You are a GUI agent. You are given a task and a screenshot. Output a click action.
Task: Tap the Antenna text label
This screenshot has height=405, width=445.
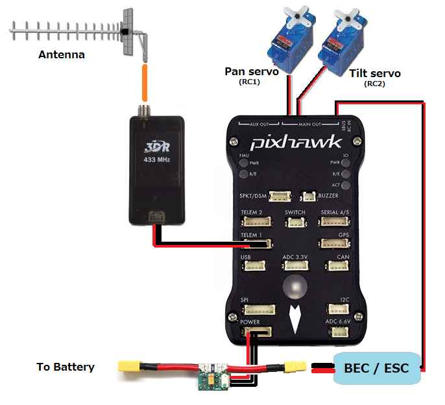click(62, 54)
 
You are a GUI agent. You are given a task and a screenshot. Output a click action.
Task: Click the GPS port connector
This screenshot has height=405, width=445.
click(333, 244)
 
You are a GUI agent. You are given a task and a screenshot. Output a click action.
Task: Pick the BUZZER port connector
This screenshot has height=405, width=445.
click(309, 196)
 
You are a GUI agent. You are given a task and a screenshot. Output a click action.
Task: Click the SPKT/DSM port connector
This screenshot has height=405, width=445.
click(282, 196)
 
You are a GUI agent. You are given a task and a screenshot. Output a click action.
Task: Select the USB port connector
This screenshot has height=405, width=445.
click(253, 266)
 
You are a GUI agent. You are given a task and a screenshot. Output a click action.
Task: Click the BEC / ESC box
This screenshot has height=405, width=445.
click(377, 368)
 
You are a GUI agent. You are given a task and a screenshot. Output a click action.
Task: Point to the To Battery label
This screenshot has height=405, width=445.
click(66, 367)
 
